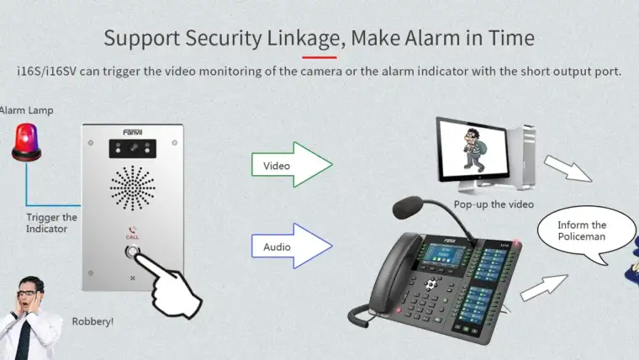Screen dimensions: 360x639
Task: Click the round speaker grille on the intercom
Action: [133, 188]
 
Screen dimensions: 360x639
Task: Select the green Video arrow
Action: [291, 165]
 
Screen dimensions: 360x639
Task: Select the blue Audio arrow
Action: [291, 246]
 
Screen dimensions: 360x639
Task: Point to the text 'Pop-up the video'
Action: [494, 204]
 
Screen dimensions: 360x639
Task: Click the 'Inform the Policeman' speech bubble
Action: [582, 232]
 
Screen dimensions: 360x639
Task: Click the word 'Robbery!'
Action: [92, 321]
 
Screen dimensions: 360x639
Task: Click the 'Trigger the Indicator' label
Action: [51, 223]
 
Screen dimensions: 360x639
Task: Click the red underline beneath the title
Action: [319, 56]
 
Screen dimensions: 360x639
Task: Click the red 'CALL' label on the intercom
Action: [132, 238]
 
